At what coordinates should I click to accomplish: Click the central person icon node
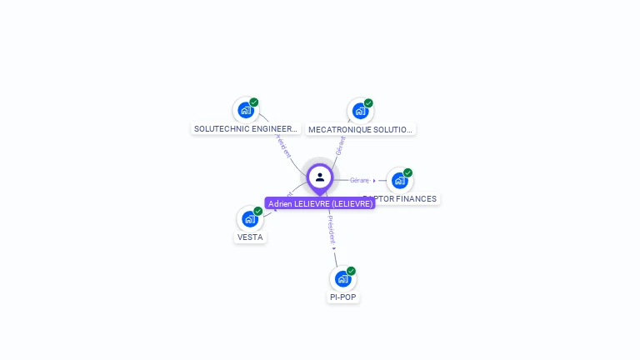pos(320,177)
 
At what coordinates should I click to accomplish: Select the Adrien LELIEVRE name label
pos(320,203)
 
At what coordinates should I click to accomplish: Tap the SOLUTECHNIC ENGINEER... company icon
pos(245,110)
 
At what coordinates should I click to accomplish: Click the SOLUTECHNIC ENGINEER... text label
pos(245,129)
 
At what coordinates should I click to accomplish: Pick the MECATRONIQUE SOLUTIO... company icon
pos(359,111)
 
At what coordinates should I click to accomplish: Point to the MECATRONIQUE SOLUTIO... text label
pos(360,130)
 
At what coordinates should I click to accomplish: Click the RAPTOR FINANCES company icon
pos(399,180)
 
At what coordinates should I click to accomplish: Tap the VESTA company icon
pos(249,219)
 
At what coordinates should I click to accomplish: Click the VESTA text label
pos(250,237)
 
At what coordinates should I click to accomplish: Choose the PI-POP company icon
pos(342,278)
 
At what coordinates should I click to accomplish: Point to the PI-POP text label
pos(343,297)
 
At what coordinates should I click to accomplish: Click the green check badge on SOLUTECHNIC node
pos(254,102)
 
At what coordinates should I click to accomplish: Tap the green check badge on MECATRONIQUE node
pos(368,103)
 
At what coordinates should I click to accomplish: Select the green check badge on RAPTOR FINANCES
pos(408,172)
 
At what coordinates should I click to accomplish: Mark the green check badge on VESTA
pos(258,212)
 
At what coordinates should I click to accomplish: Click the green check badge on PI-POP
pos(352,271)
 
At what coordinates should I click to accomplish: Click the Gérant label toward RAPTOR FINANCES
pos(359,180)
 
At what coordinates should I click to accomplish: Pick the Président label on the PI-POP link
pos(331,229)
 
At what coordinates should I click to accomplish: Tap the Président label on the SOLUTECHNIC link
pos(282,146)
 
